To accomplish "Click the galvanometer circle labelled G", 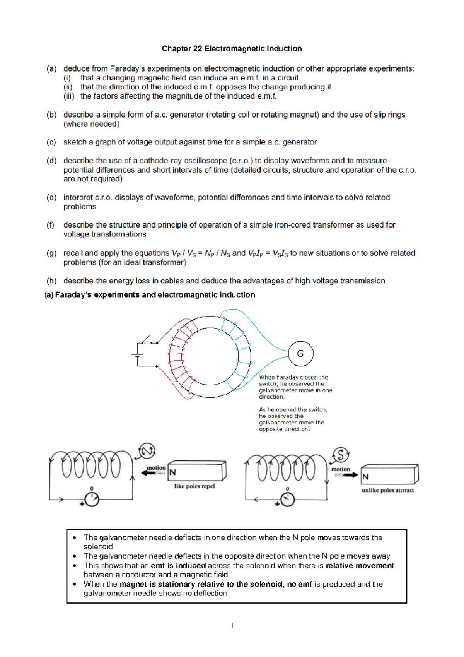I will tap(300, 354).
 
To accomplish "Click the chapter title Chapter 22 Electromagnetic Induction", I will tap(232, 49).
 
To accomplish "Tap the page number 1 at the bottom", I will tap(232, 625).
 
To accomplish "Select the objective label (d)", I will tap(51, 161).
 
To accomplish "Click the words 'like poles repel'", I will tap(194, 486).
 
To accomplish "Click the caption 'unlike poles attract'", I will tap(387, 490).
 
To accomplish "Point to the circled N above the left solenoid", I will tap(147, 451).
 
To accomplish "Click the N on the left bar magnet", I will tap(173, 472).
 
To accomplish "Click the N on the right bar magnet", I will tap(365, 477).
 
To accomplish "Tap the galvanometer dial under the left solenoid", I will tap(92, 500).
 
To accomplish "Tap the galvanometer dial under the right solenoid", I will tap(287, 500).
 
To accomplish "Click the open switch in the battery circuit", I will tap(147, 340).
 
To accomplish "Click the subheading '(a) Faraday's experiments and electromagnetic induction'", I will tap(150, 295).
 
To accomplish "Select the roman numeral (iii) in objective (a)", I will tap(69, 96).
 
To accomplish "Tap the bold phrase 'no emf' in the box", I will tap(299, 584).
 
